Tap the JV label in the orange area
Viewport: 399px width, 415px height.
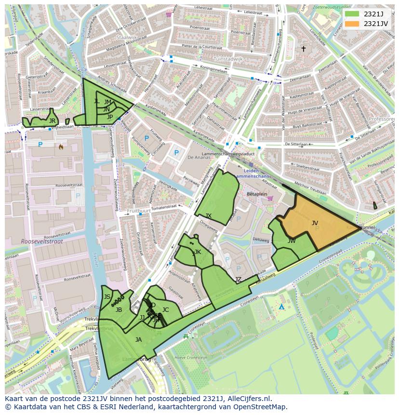(315, 223)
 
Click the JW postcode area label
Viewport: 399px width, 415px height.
(292, 241)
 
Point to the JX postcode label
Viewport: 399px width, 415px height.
(208, 215)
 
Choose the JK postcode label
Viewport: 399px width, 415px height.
(197, 252)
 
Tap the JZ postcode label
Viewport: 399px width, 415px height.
(238, 279)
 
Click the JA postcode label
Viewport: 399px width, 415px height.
(138, 339)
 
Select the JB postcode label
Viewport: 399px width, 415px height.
(119, 309)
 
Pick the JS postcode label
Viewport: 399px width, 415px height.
(107, 296)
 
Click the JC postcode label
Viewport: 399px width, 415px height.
(165, 309)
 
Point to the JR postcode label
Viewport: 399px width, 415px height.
(52, 120)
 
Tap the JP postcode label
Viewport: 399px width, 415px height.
(110, 117)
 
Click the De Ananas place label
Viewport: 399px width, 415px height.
(197, 157)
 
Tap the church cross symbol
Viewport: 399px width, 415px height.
(303, 49)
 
